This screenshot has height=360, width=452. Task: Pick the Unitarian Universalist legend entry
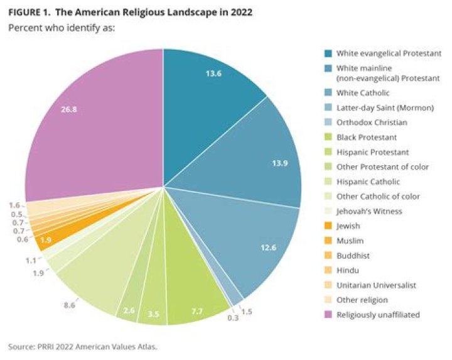(x=372, y=285)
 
